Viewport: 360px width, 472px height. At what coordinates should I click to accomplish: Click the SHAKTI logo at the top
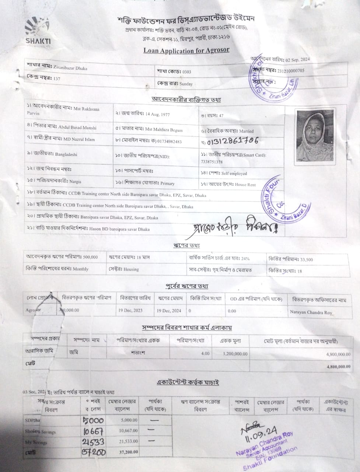[38, 31]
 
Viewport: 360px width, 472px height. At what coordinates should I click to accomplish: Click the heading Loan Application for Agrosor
[186, 51]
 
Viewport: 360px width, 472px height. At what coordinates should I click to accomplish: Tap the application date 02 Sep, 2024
[298, 59]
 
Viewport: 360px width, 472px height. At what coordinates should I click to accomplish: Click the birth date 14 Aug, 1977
[157, 114]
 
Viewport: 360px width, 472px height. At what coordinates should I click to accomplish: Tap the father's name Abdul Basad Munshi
[77, 128]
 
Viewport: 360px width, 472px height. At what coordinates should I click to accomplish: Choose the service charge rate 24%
[245, 258]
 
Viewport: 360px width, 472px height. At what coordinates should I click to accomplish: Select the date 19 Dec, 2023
[130, 310]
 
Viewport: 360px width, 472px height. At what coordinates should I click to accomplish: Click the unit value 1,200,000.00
[235, 354]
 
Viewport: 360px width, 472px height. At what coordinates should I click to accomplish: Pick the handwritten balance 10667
[93, 431]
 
